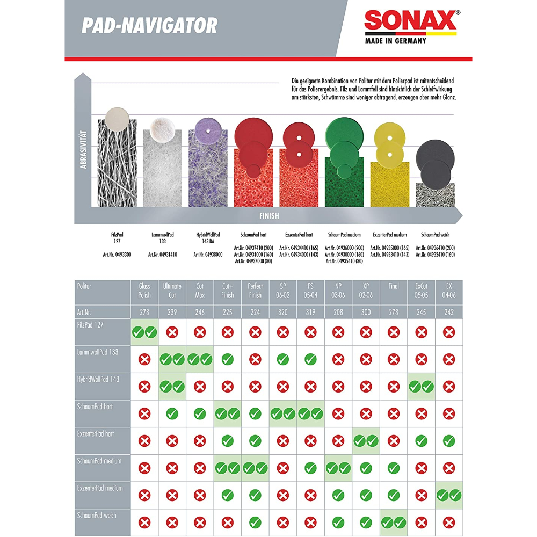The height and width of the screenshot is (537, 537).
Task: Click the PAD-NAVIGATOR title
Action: [149, 25]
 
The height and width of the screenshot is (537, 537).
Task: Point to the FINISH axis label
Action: [268, 216]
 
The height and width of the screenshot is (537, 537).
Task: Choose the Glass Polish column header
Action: [144, 291]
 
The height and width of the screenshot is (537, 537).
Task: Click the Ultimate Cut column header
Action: [172, 291]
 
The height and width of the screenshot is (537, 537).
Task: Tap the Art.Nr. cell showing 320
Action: [282, 312]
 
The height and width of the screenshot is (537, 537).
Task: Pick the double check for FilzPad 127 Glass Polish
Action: [144, 332]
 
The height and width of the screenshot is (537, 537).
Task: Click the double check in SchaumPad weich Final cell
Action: [393, 523]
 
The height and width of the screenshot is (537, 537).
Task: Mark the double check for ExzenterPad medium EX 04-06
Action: [449, 495]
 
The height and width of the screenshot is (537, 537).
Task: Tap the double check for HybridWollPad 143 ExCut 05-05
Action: [421, 386]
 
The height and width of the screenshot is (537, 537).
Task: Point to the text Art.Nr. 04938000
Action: [208, 255]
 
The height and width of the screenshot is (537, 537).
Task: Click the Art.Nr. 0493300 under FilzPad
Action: [117, 255]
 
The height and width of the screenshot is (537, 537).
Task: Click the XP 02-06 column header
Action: [366, 291]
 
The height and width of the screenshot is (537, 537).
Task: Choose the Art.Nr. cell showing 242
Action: [449, 312]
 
